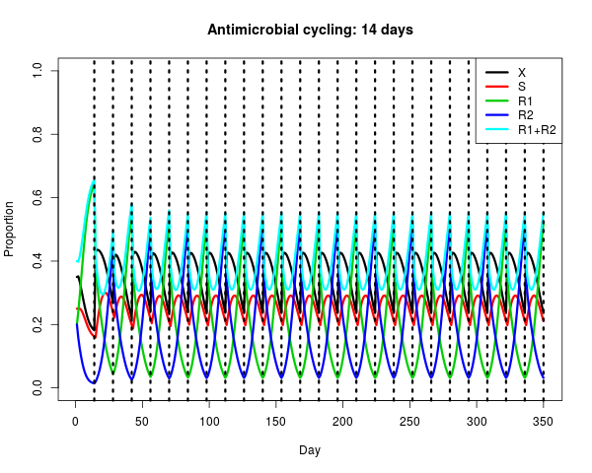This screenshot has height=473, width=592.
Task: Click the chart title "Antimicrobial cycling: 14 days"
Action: [310, 30]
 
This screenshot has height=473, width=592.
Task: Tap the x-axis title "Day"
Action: [310, 450]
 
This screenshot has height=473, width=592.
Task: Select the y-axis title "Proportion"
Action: [9, 229]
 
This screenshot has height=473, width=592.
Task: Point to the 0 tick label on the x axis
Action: [76, 422]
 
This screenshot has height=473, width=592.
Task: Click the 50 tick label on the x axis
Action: [142, 422]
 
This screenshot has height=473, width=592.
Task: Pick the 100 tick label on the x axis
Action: [209, 422]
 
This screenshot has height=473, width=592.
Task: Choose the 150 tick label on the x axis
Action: [275, 422]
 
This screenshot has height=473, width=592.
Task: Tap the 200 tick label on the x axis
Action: [342, 422]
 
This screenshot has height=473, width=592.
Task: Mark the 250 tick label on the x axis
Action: [409, 422]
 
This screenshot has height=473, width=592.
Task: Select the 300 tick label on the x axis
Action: [477, 422]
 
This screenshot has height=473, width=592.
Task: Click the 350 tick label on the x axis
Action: [543, 422]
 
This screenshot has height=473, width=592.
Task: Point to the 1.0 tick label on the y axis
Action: [37, 71]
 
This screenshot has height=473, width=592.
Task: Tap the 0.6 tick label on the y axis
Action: [37, 197]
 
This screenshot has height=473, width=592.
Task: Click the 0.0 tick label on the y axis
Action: [37, 387]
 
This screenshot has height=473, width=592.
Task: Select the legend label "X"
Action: [522, 72]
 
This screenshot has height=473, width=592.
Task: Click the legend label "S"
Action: [522, 87]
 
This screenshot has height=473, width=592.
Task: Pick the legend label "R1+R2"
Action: [537, 130]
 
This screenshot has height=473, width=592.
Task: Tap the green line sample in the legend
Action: [497, 101]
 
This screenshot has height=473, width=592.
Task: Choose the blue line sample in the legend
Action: [497, 115]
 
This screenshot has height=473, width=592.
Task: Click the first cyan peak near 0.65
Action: [94, 181]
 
